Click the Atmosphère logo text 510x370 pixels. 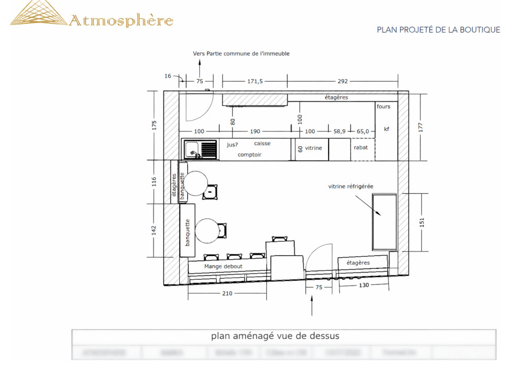pyautogui.click(x=121, y=21)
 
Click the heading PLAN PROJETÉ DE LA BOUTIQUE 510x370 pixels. pyautogui.click(x=438, y=30)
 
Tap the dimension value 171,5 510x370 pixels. pyautogui.click(x=255, y=81)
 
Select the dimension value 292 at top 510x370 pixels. pyautogui.click(x=343, y=81)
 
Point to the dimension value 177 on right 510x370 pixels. pyautogui.click(x=421, y=127)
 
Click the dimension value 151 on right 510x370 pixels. pyautogui.click(x=421, y=222)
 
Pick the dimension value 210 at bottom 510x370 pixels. pyautogui.click(x=227, y=293)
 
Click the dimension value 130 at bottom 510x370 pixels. pyautogui.click(x=363, y=285)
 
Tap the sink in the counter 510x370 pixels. pyautogui.click(x=201, y=150)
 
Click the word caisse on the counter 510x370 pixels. pyautogui.click(x=262, y=143)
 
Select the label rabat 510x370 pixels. pyautogui.click(x=361, y=147)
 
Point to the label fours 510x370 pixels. pyautogui.click(x=384, y=107)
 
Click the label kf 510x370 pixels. pyautogui.click(x=386, y=129)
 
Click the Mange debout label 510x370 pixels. pyautogui.click(x=223, y=266)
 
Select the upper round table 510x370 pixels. pyautogui.click(x=196, y=183)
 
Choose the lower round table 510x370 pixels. pyautogui.click(x=208, y=230)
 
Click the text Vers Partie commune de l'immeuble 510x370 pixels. pyautogui.click(x=241, y=54)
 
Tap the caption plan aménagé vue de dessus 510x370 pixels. pyautogui.click(x=275, y=336)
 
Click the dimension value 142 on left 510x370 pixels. pyautogui.click(x=154, y=230)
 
